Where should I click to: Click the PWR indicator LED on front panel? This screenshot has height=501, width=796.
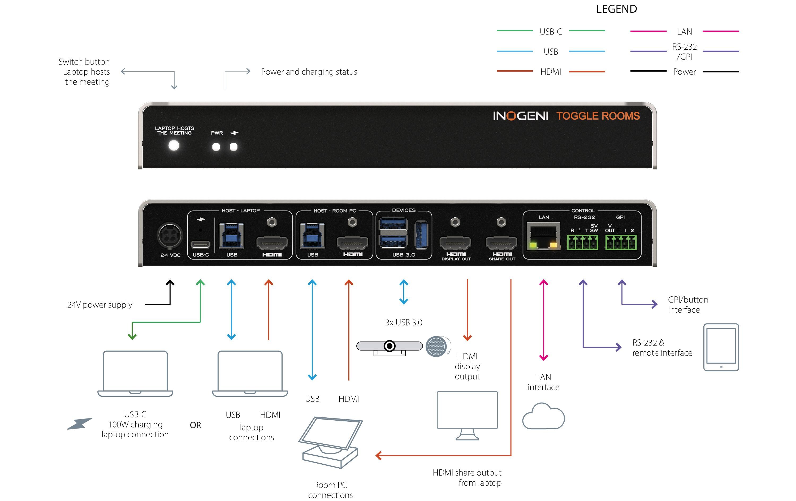[216, 147]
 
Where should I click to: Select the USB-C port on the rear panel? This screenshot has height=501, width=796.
[200, 245]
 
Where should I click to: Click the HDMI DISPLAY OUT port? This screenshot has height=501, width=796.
[455, 243]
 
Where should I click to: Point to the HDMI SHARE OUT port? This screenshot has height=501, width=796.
[501, 243]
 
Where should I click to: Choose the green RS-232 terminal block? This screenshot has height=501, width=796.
[582, 242]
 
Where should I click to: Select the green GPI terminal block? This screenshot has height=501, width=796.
[621, 242]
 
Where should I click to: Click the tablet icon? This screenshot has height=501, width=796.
[721, 347]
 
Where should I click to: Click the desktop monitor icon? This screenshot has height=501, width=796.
[467, 415]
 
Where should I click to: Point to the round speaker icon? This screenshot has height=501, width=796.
[436, 346]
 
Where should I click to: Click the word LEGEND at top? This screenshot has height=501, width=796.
[617, 9]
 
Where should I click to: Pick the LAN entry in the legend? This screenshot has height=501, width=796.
[684, 32]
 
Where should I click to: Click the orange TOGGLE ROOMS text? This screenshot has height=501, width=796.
[598, 116]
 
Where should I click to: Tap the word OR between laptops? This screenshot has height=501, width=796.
[195, 425]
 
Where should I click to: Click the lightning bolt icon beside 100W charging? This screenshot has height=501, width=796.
[79, 424]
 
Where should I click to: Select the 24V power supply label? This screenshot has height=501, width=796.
[99, 305]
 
